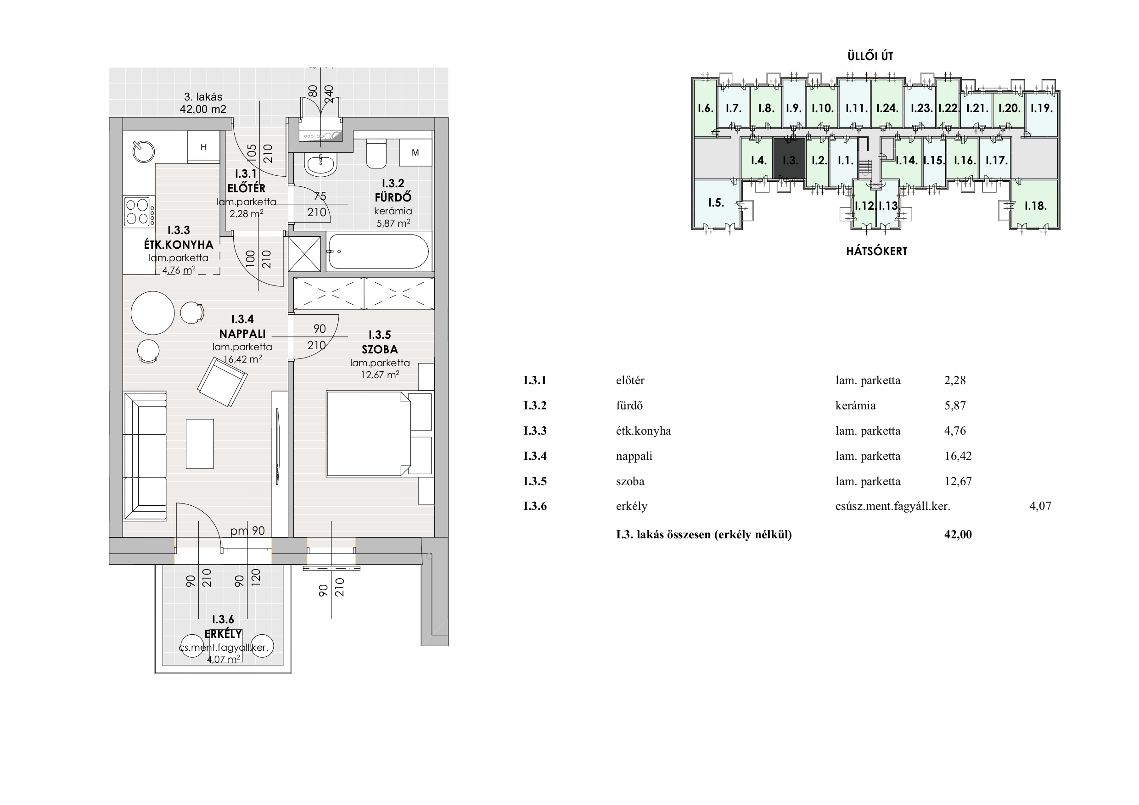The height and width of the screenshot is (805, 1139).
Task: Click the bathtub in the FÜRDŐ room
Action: pyautogui.click(x=378, y=252)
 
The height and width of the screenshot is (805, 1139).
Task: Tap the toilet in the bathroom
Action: pyautogui.click(x=376, y=154)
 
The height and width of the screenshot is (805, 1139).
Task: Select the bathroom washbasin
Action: pyautogui.click(x=321, y=164)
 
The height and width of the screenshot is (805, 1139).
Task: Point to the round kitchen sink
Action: pyautogui.click(x=143, y=151)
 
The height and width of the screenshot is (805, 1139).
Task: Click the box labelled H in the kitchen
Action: pyautogui.click(x=203, y=147)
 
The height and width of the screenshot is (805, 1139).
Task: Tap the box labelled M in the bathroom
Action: pyautogui.click(x=415, y=153)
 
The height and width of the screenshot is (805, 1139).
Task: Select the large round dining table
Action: pyautogui.click(x=153, y=313)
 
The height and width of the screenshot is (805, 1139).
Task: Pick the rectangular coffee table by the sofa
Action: pyautogui.click(x=200, y=443)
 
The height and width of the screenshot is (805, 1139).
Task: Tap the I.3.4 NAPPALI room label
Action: pyautogui.click(x=242, y=326)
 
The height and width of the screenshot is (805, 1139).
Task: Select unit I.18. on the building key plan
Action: pyautogui.click(x=1035, y=205)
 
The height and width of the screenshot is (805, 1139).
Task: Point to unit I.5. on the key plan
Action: pyautogui.click(x=716, y=202)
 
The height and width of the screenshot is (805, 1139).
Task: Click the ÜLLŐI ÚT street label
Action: pyautogui.click(x=870, y=56)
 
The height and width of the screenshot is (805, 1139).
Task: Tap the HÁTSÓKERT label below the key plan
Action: pyautogui.click(x=876, y=251)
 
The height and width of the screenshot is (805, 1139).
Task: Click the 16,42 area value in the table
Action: pyautogui.click(x=958, y=456)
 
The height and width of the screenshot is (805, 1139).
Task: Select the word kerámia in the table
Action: pyautogui.click(x=855, y=406)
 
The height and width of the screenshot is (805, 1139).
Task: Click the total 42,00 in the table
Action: pyautogui.click(x=958, y=534)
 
